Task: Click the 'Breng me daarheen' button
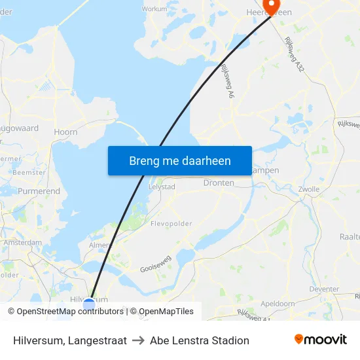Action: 180,160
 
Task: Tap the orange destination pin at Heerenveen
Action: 270,9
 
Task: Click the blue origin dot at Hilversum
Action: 89,303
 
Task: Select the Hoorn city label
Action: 65,132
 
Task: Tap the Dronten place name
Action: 219,183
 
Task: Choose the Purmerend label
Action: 39,191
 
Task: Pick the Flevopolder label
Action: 171,223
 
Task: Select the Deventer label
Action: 324,289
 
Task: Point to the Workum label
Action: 155,9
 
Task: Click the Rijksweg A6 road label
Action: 227,82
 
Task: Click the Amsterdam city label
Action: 22,242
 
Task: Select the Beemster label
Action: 29,172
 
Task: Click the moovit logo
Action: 320,340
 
